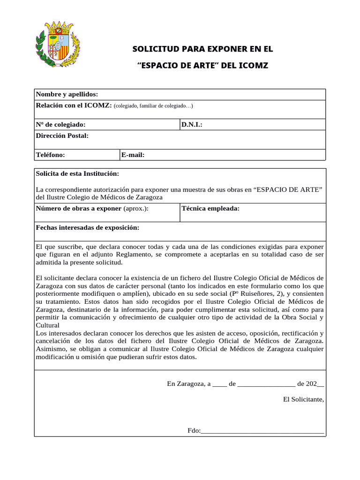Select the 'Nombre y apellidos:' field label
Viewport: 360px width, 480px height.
coord(67,95)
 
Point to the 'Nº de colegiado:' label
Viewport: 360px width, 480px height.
coord(61,125)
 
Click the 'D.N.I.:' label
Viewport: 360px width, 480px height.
coord(192,125)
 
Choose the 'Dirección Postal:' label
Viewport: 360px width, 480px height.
coord(62,136)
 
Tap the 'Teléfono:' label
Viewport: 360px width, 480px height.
coord(51,155)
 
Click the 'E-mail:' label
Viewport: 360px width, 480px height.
coord(133,155)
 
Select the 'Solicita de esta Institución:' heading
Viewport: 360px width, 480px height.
coord(77,174)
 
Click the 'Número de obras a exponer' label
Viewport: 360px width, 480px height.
coord(79,209)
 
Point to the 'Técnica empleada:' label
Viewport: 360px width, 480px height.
coord(210,209)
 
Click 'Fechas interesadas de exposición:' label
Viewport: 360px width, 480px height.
coord(88,227)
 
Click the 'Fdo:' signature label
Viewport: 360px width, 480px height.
coord(194,430)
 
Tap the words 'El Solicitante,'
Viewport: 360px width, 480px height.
coord(304,399)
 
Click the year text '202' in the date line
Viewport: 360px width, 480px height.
coord(311,383)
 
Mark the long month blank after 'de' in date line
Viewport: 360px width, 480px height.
coord(266,384)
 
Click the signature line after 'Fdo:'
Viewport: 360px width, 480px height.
coord(262,432)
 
